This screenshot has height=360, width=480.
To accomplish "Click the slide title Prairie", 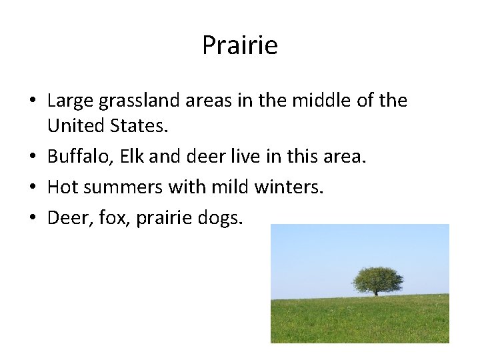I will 239,46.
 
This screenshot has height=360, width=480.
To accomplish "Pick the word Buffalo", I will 76,157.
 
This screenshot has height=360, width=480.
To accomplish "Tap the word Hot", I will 63,188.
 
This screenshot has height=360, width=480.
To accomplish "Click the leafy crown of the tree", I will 377,279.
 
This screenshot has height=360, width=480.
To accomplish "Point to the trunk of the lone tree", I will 376,292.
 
